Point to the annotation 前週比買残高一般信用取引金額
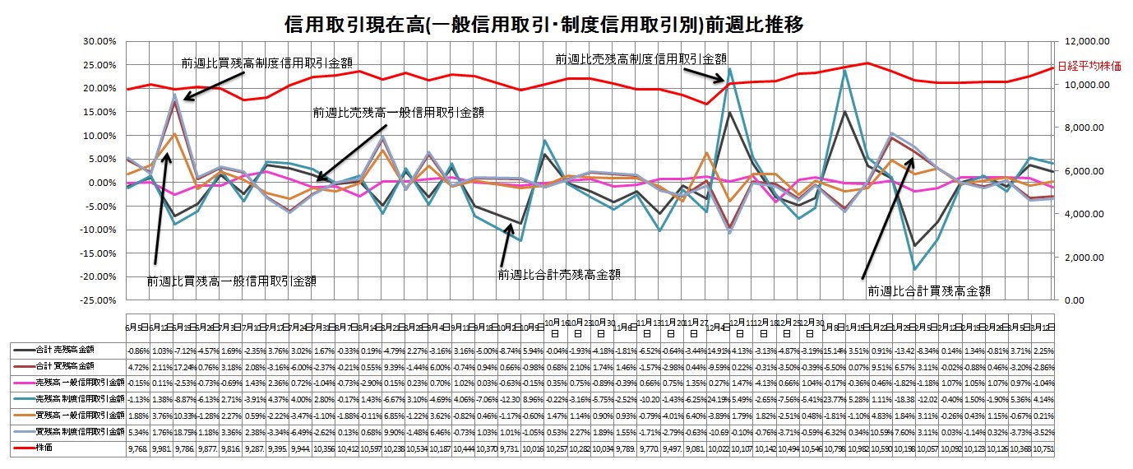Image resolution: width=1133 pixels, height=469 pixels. tap(232, 281)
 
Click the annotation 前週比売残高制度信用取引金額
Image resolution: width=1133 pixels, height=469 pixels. tap(641, 59)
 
